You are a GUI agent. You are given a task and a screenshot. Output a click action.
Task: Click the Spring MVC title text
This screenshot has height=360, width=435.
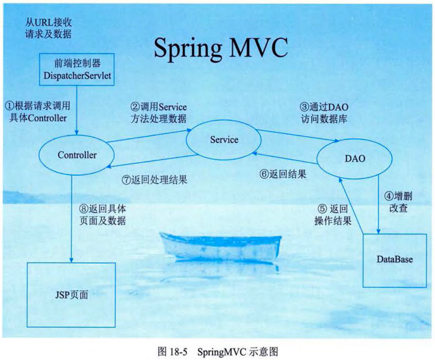click(221, 48)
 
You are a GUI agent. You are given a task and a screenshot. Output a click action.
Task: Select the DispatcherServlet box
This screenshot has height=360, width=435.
click(77, 69)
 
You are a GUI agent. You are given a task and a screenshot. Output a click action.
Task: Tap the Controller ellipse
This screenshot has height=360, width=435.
click(77, 155)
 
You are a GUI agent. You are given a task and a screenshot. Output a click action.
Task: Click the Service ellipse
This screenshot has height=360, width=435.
click(224, 140)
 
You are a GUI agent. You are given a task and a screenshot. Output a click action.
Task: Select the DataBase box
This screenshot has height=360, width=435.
click(394, 260)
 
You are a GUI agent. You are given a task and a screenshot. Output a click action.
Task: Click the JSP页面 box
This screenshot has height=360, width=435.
click(71, 295)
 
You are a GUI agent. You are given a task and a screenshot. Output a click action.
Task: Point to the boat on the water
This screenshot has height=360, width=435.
click(221, 246)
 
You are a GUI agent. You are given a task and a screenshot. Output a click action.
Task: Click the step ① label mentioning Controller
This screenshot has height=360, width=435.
click(37, 111)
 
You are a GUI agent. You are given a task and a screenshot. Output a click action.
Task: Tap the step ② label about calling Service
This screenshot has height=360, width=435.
click(158, 112)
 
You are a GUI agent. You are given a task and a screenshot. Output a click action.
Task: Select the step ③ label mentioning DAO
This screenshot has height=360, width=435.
click(323, 113)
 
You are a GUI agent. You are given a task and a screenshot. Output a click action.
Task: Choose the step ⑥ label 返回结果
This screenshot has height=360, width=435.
click(283, 174)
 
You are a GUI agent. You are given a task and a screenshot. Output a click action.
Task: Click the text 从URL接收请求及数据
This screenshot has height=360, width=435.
click(48, 28)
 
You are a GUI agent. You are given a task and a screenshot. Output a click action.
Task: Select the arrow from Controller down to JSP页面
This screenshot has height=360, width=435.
click(72, 219)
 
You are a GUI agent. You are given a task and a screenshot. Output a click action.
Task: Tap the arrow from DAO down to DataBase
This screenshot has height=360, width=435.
click(378, 203)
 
